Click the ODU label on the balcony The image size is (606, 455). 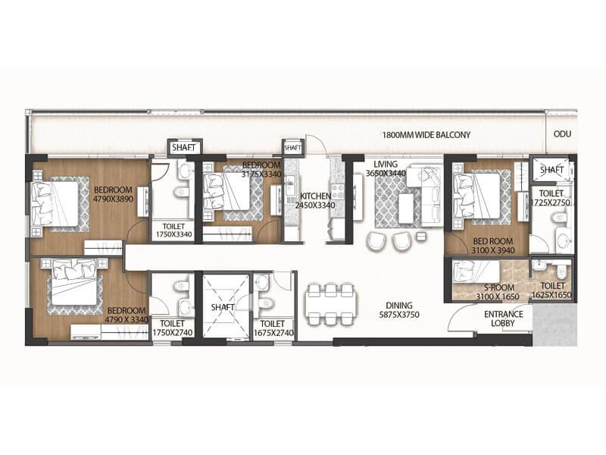point(562,135)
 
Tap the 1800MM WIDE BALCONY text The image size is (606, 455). point(426,135)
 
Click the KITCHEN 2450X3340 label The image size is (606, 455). point(313,201)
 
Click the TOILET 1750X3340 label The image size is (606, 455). point(173,231)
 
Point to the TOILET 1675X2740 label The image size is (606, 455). point(271,328)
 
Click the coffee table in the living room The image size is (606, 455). point(406,206)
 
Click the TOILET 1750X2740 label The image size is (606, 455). point(173,328)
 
